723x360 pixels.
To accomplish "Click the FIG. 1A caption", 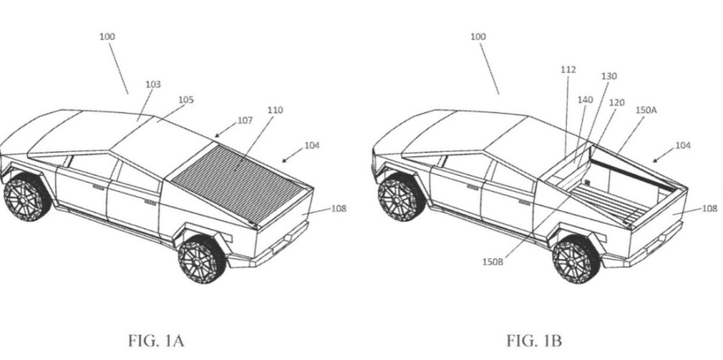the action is point(156,341).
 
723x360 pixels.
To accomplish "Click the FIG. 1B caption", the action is point(535,341).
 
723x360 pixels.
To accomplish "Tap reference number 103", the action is point(153,84).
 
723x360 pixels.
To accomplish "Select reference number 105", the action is point(185,99).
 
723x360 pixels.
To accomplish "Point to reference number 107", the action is point(245,121).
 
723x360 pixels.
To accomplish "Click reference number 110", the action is point(275,110).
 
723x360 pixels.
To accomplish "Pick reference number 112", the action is point(568,70).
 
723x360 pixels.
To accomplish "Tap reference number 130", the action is point(608,76).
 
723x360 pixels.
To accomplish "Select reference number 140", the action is point(586,99).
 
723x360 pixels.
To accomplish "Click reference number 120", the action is point(616,103).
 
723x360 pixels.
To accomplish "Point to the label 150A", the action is point(646,110).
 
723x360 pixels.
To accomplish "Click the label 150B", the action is point(492,262).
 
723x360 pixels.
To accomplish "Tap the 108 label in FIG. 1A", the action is point(339,209).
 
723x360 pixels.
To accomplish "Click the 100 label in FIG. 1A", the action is point(107,37).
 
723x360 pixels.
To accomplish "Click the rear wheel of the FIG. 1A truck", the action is point(202,260).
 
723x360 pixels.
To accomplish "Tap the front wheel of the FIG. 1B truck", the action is point(401,197).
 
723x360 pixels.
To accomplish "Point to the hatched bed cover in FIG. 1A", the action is point(238,183).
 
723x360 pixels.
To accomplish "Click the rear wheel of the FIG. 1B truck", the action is point(576,260).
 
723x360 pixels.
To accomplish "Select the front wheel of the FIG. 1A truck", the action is point(27,197).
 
